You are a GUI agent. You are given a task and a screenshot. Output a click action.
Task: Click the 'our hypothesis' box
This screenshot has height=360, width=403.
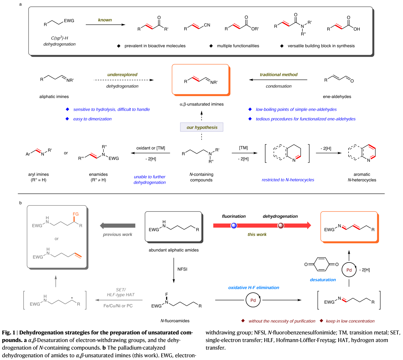point(202,127)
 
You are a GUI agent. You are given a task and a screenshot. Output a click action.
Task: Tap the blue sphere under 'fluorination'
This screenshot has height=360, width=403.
point(234,226)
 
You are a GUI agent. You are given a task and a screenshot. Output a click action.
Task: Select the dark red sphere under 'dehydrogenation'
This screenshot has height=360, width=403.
point(281,226)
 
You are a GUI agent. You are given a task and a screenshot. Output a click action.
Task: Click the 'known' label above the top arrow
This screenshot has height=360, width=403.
point(105,20)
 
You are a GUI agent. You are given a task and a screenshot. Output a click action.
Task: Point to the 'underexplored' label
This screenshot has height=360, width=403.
point(122,75)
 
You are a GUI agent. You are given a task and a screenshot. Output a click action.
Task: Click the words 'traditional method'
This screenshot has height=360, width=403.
point(279,75)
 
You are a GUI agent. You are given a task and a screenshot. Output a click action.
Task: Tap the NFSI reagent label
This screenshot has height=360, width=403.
point(182,269)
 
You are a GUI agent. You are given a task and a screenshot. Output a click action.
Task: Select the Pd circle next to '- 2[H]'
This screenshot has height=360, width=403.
point(349,270)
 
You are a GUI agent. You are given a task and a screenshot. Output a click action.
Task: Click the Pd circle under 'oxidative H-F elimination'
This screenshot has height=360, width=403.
point(253,300)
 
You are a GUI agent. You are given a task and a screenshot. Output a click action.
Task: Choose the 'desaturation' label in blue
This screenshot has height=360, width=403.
point(323,280)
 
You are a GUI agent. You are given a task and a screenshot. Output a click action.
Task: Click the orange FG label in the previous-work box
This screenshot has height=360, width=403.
point(76,214)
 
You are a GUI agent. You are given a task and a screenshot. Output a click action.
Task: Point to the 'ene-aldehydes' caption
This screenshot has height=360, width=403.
point(337,97)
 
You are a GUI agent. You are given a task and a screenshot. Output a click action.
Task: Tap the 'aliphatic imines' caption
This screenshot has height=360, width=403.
point(54,97)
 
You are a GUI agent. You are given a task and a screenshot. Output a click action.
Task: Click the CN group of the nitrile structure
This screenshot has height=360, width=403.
point(207,25)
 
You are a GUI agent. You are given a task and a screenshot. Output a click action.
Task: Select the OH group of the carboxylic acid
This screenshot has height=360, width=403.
point(357,29)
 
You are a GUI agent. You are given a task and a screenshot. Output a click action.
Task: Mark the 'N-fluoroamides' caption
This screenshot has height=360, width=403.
point(175,321)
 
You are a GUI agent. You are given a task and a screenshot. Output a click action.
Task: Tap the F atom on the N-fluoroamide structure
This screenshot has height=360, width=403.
point(167,294)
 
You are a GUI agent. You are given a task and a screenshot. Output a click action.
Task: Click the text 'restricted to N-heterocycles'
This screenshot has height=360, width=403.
point(288,180)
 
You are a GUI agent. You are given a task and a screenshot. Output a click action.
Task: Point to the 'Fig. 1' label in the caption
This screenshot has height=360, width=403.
point(8,332)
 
